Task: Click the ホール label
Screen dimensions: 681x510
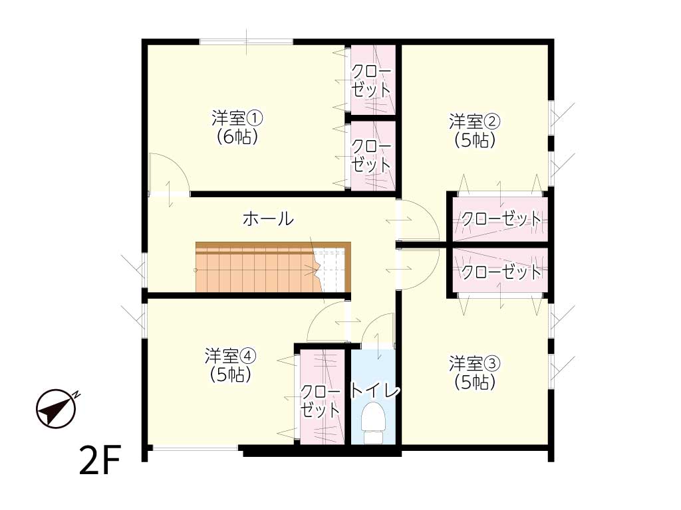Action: (269, 218)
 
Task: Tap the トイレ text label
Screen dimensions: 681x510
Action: (375, 390)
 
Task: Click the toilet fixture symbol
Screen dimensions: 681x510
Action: (373, 423)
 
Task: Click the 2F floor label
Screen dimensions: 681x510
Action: (100, 460)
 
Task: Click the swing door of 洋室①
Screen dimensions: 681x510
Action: (169, 173)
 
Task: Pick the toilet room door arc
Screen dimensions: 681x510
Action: (378, 329)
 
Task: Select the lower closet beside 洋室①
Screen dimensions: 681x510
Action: (373, 155)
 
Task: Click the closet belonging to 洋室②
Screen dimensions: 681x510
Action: (500, 219)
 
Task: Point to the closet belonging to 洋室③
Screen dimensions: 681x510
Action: (500, 270)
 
